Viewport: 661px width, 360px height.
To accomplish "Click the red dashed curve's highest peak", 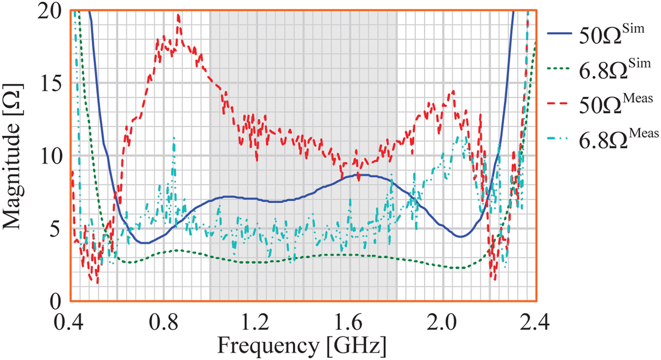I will click(178, 15).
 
